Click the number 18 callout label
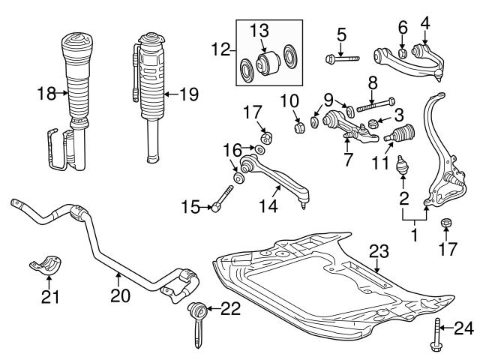coord(46,94)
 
